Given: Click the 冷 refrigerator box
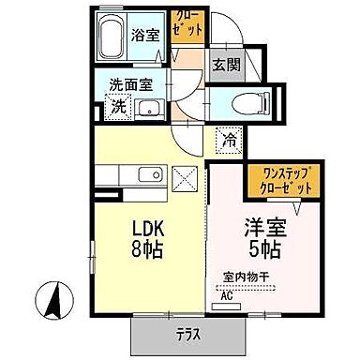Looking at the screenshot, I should point(229,141).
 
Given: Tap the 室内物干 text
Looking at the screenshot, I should point(245,278).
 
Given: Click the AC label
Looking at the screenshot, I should point(226,295).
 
